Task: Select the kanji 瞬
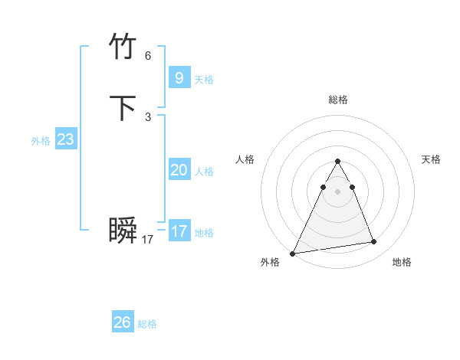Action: [x=123, y=231]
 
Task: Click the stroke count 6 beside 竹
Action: [x=148, y=56]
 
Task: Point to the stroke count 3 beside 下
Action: [x=148, y=117]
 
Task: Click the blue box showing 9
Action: [x=179, y=77]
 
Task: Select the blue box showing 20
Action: [x=179, y=170]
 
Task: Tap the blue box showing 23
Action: [x=65, y=139]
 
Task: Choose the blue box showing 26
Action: [x=123, y=322]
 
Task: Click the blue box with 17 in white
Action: [x=179, y=231]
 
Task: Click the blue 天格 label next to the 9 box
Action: [x=204, y=80]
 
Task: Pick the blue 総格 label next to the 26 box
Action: [x=147, y=324]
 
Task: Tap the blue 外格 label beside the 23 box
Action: [x=41, y=141]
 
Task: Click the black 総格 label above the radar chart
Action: [x=338, y=100]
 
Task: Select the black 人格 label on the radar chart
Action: [x=245, y=159]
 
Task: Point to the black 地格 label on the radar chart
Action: [x=402, y=262]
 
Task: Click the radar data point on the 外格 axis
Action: [x=293, y=253]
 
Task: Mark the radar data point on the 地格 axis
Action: [x=374, y=242]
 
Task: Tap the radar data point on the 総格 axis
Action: [x=337, y=162]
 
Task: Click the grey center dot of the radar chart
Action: [x=337, y=191]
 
